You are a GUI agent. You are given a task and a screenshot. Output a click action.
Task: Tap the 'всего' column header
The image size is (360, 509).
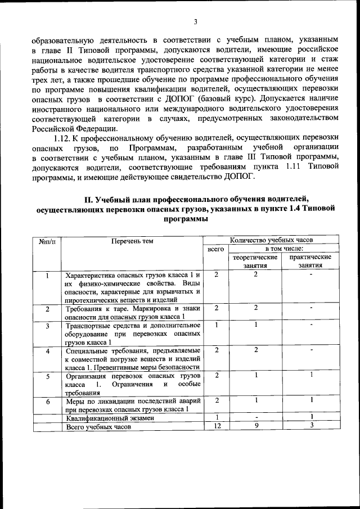click(216, 248)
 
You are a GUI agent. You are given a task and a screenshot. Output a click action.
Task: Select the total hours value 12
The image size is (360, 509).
click(216, 426)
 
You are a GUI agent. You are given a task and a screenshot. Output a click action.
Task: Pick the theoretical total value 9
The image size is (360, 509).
click(255, 426)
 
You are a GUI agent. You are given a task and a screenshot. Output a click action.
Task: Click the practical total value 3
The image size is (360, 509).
click(310, 426)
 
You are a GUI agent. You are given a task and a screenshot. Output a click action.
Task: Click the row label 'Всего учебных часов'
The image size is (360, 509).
click(98, 427)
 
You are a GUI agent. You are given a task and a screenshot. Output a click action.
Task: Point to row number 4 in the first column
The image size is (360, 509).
click(48, 352)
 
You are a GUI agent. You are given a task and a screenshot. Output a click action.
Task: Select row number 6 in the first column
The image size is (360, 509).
click(48, 402)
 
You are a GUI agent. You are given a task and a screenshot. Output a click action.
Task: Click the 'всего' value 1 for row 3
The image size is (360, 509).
click(216, 325)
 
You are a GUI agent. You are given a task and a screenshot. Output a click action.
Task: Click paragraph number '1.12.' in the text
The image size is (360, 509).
click(63, 137)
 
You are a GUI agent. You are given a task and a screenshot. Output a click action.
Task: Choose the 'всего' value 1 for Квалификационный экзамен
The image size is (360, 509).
click(216, 417)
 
